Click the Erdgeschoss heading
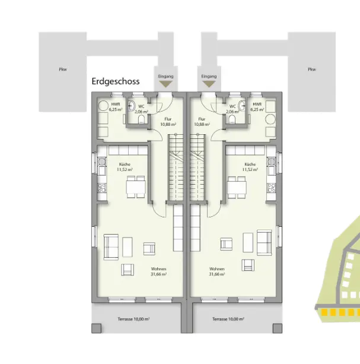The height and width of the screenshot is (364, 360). [116, 81]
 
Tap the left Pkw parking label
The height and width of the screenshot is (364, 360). [63, 69]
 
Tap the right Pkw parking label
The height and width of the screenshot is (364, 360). [312, 69]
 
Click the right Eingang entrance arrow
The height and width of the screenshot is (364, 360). [209, 86]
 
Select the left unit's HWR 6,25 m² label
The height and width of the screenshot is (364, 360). [116, 107]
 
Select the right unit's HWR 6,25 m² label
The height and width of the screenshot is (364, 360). [257, 107]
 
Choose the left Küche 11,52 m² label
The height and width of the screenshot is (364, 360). [125, 167]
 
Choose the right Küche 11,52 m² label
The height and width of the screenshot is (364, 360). [249, 167]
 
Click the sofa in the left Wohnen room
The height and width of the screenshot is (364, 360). [110, 247]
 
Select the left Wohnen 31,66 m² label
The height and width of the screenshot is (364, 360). [158, 271]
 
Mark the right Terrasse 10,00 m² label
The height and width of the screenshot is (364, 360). [228, 319]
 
